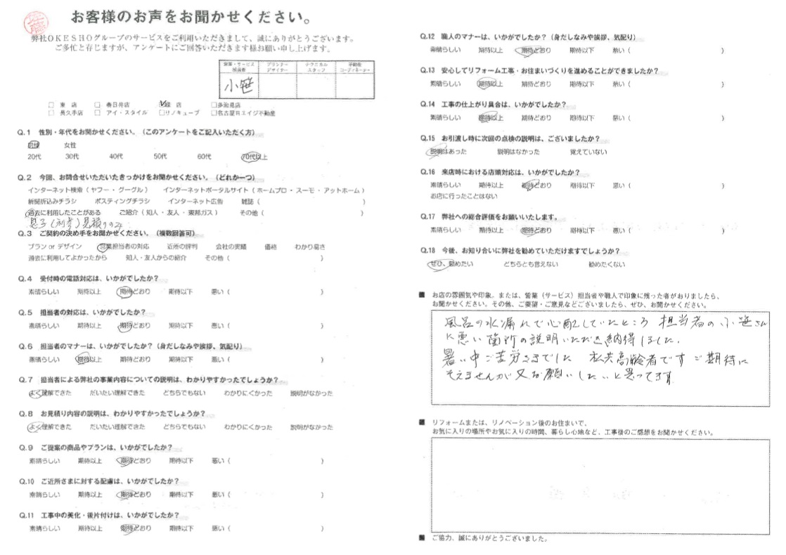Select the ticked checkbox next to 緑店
(x=164, y=103)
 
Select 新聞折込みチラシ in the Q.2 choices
(x=53, y=201)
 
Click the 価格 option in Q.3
(x=269, y=247)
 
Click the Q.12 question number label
(x=427, y=37)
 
